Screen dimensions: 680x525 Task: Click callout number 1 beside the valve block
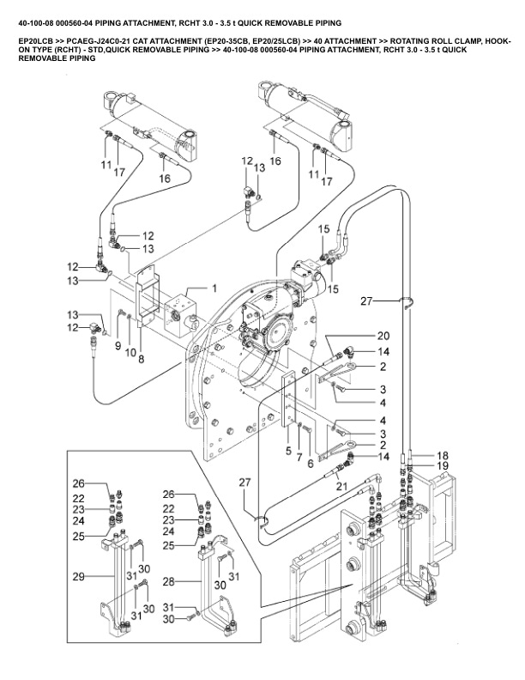pos(214,288)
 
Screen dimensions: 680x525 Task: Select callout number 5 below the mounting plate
pos(289,449)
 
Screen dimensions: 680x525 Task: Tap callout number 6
pos(310,463)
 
